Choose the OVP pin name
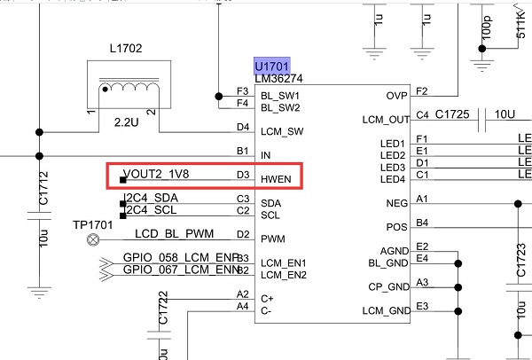(395, 96)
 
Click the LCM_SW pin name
(281, 131)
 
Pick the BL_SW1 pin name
(279, 95)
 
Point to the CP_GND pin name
(388, 286)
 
